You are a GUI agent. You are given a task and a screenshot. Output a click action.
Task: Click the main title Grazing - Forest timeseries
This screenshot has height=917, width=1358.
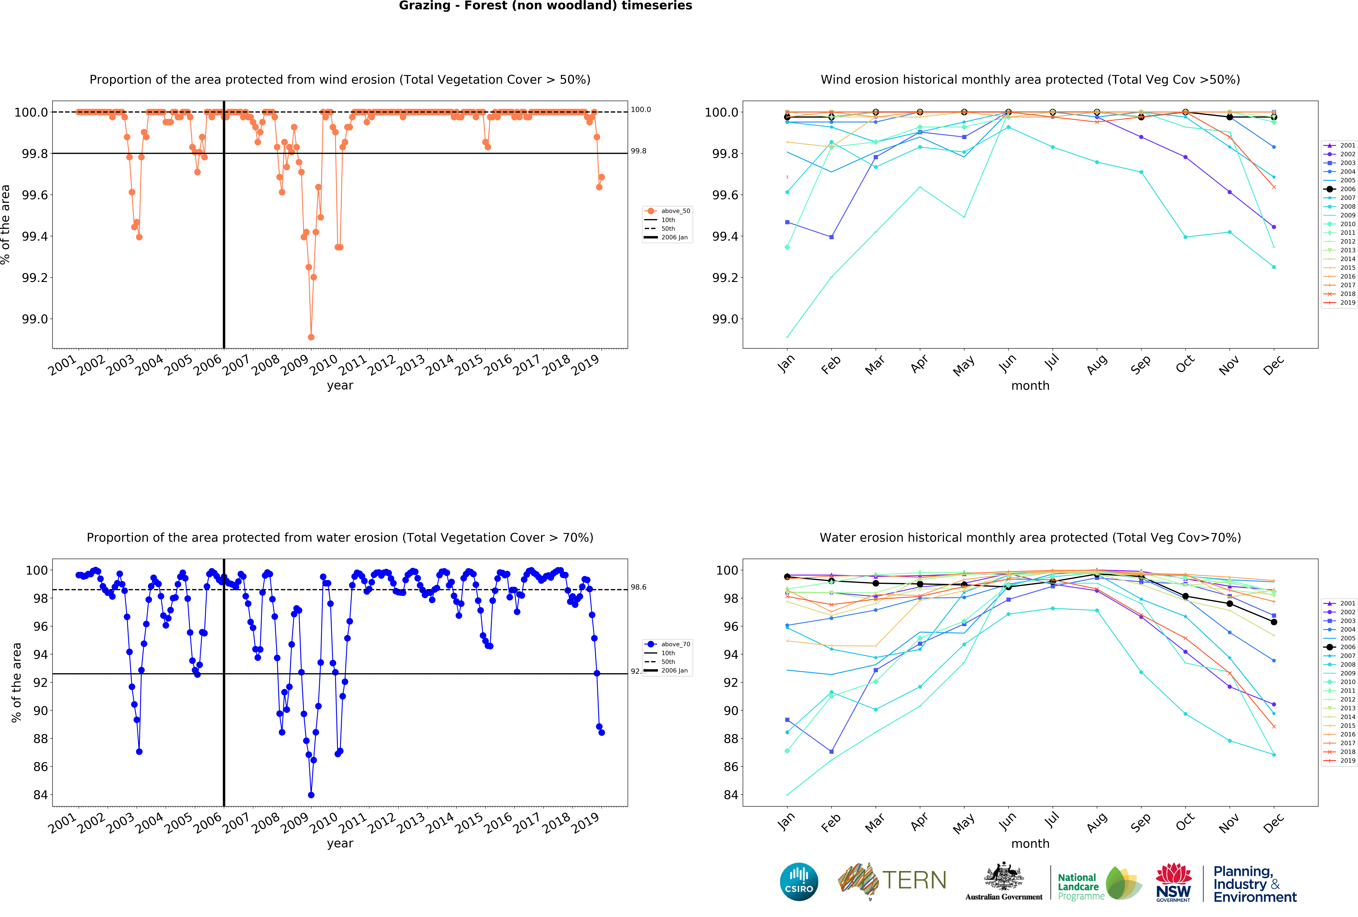(545, 6)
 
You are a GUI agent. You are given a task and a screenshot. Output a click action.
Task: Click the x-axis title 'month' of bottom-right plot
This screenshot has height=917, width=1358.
(1030, 843)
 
